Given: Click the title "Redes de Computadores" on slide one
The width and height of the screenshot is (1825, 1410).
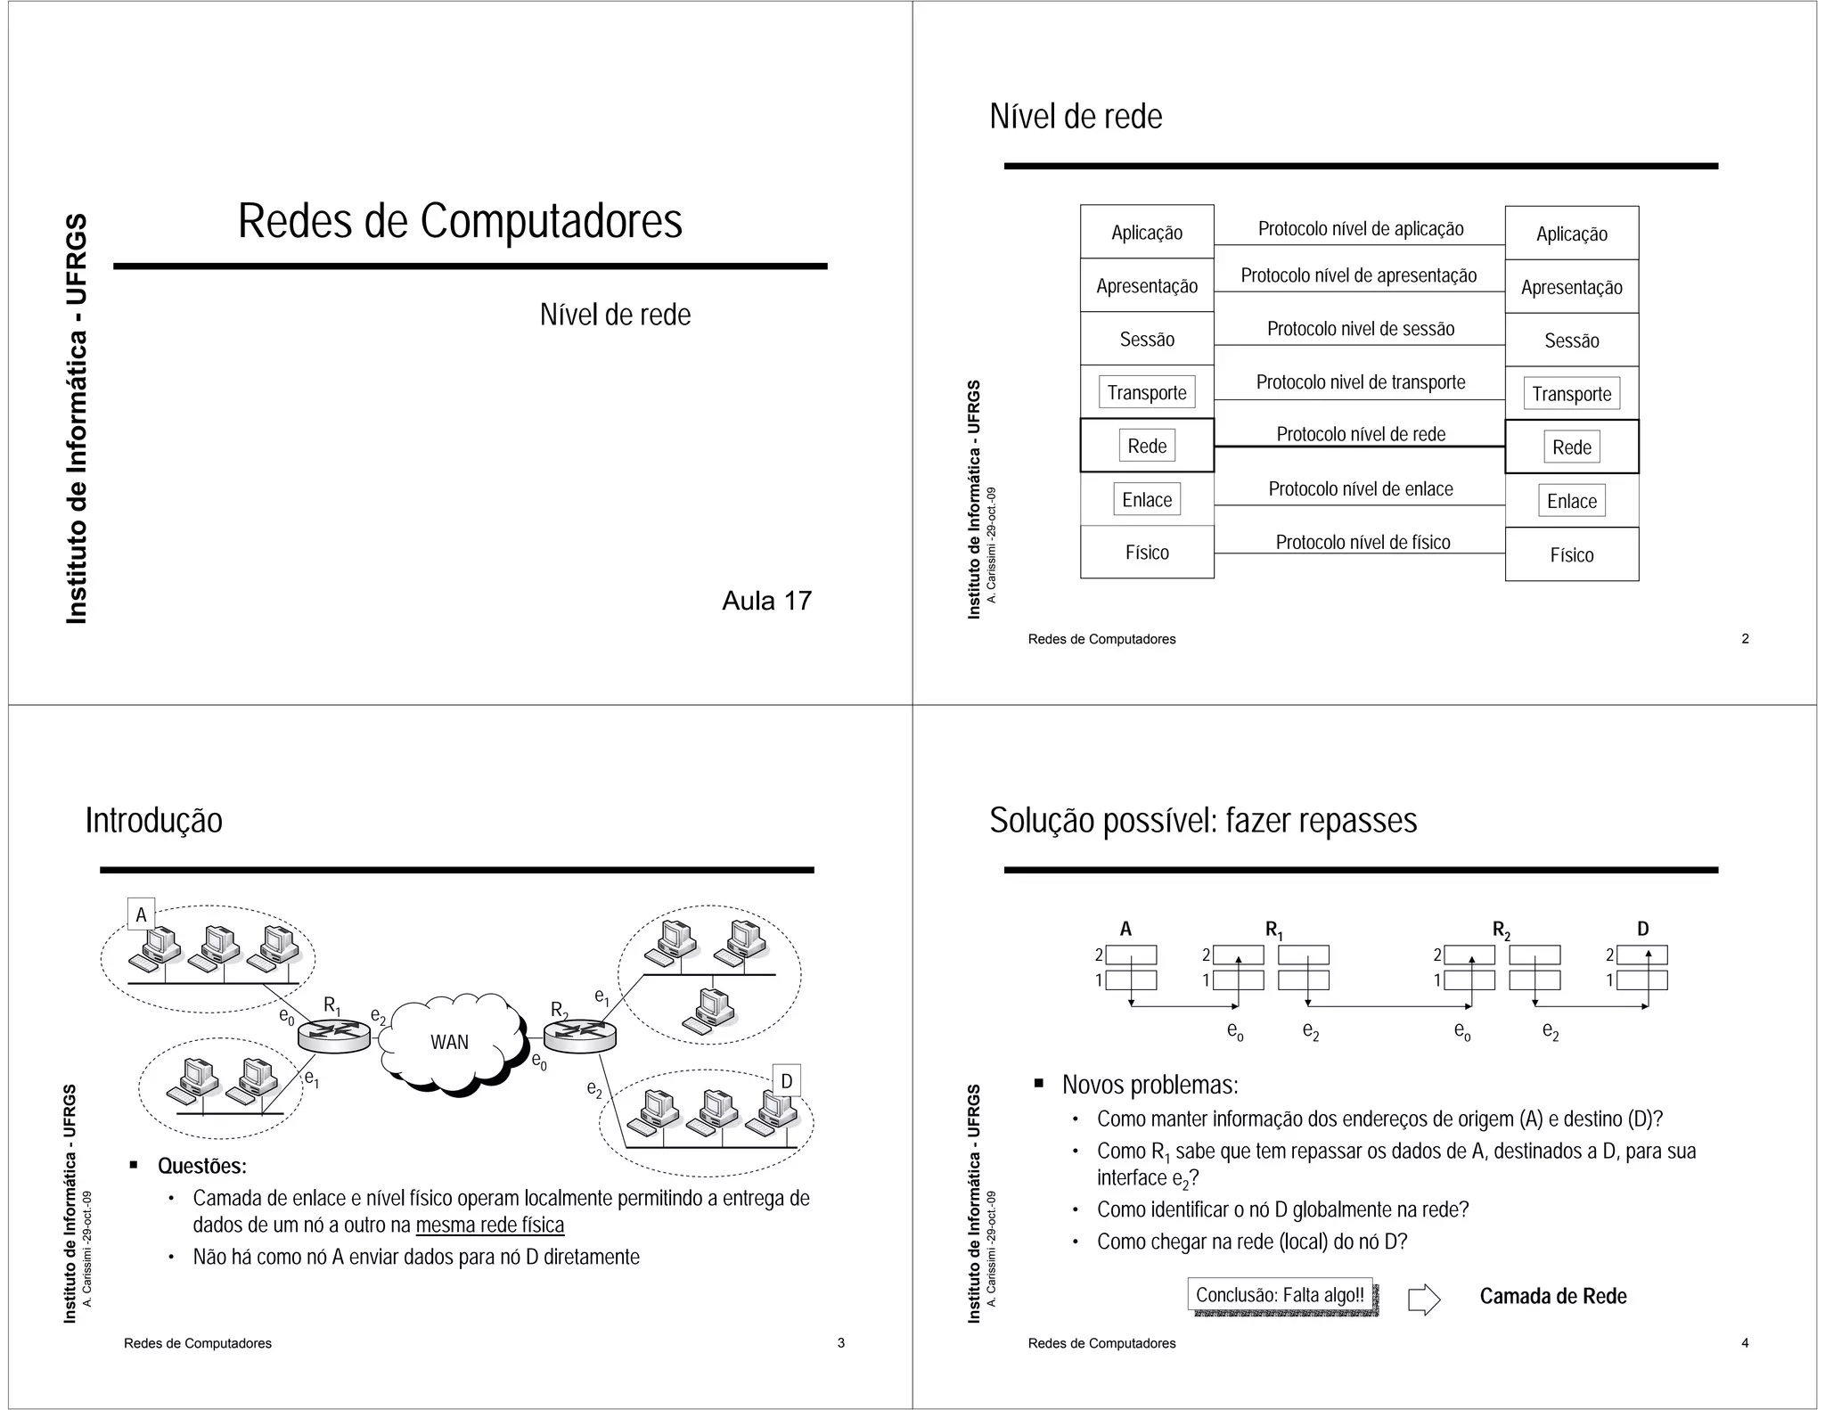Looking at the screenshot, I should click(460, 221).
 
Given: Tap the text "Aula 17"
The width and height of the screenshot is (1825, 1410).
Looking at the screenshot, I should click(766, 601).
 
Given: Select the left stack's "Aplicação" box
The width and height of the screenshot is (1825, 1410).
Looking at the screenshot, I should click(1147, 233).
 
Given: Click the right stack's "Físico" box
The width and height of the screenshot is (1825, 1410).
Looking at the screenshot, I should click(1571, 554).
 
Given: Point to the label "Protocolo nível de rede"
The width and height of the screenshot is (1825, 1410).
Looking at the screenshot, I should click(1361, 434).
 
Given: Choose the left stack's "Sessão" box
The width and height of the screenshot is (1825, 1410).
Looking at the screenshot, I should click(1147, 339).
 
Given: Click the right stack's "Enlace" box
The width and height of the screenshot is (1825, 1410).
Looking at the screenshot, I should click(1571, 501).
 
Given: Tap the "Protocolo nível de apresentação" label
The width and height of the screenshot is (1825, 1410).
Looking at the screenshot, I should click(1358, 275).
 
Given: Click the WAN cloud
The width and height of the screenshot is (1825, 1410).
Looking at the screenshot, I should click(450, 1042).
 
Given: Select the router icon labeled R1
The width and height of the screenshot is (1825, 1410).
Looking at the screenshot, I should click(333, 1035).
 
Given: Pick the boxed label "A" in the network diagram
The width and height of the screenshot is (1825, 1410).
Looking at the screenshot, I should click(141, 914).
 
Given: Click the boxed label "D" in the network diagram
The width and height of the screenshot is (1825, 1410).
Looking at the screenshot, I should click(786, 1081).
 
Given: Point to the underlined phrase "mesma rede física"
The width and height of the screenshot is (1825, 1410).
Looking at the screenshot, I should click(490, 1225).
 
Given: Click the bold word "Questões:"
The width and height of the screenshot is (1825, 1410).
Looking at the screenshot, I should click(202, 1166).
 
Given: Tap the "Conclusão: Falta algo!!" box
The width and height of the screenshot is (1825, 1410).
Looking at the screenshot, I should click(1280, 1295).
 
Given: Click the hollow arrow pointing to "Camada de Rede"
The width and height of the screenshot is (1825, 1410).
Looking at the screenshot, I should click(1423, 1299).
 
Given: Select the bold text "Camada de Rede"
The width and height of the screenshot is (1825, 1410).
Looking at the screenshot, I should click(1552, 1296).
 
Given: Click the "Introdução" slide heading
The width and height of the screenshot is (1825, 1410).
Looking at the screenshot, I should click(154, 820).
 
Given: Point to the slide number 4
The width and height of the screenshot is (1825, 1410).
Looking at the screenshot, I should click(1745, 1342).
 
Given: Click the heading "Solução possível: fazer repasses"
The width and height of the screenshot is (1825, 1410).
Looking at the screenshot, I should click(1202, 820).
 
